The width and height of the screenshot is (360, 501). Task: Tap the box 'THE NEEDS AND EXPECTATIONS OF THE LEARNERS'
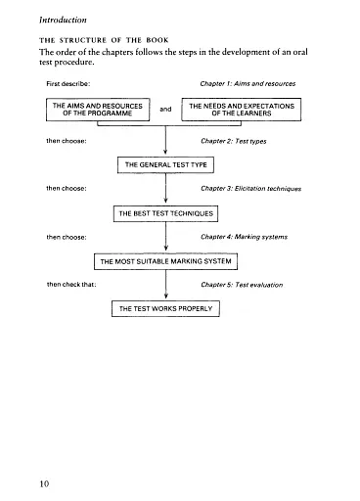click(x=243, y=109)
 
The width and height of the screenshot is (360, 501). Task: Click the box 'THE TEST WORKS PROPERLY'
click(x=166, y=309)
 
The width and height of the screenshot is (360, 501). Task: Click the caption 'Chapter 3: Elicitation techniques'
click(x=250, y=188)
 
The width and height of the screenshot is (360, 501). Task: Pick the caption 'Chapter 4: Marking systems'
click(x=243, y=236)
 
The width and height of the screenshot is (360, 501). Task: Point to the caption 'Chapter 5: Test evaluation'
click(x=242, y=284)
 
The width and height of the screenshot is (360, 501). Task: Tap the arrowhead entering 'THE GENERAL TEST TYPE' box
click(x=166, y=153)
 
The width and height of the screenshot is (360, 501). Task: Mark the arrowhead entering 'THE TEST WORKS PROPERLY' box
click(x=166, y=296)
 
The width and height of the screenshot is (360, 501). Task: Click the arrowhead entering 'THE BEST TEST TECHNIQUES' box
click(x=166, y=201)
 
